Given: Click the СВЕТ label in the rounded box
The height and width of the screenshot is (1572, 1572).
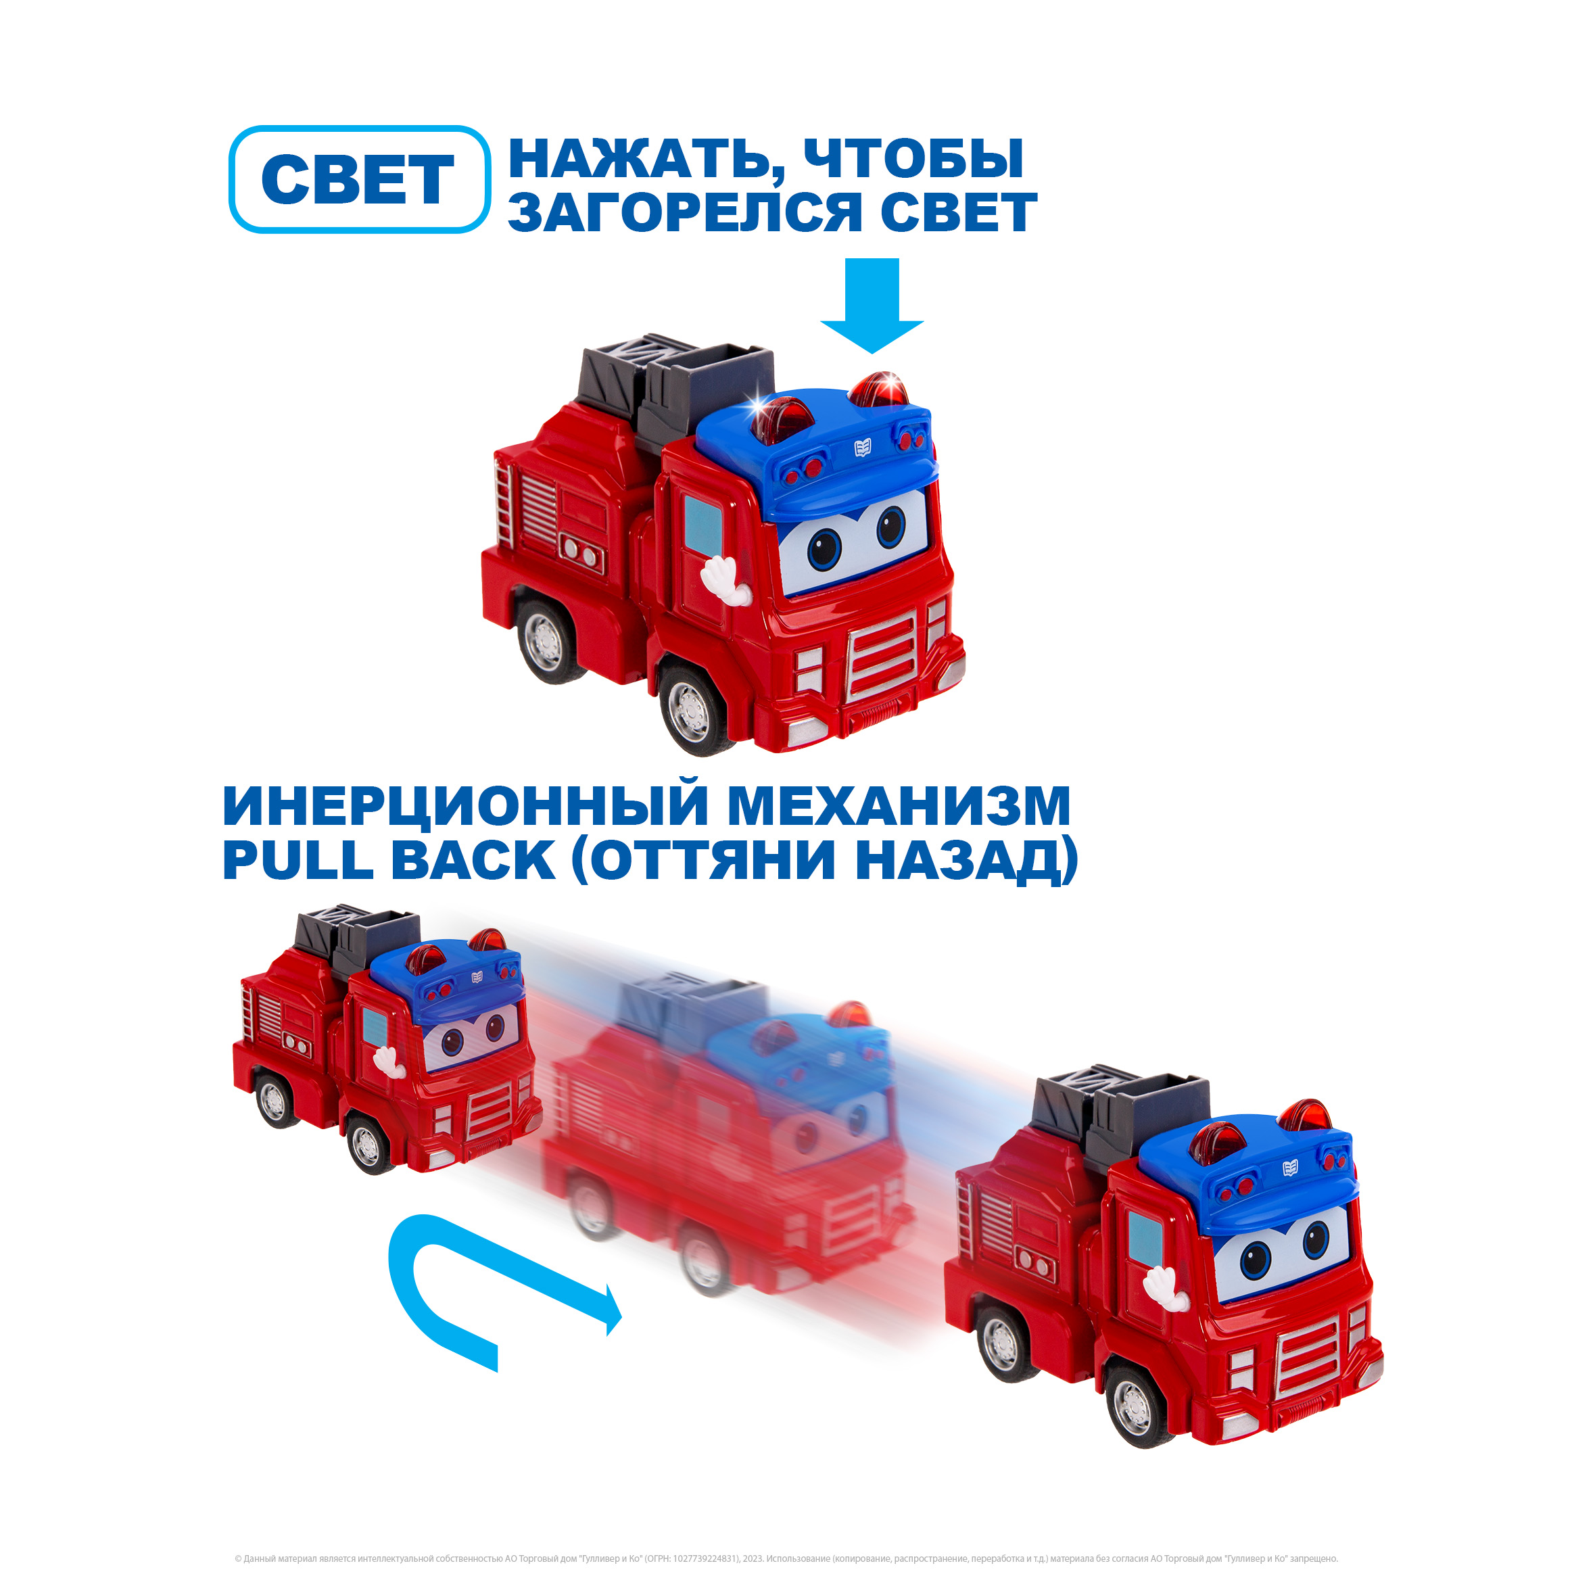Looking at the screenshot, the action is pos(358,180).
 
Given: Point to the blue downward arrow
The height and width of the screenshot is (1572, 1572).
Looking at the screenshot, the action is pos(872,306).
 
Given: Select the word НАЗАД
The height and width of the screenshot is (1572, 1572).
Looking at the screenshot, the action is pos(957,861).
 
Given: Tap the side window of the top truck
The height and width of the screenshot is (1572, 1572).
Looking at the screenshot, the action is pos(702,524).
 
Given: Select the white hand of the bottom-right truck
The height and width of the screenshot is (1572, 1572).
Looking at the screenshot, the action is pos(1165,1287).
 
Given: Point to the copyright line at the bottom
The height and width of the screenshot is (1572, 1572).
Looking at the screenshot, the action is pos(786,1559).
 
